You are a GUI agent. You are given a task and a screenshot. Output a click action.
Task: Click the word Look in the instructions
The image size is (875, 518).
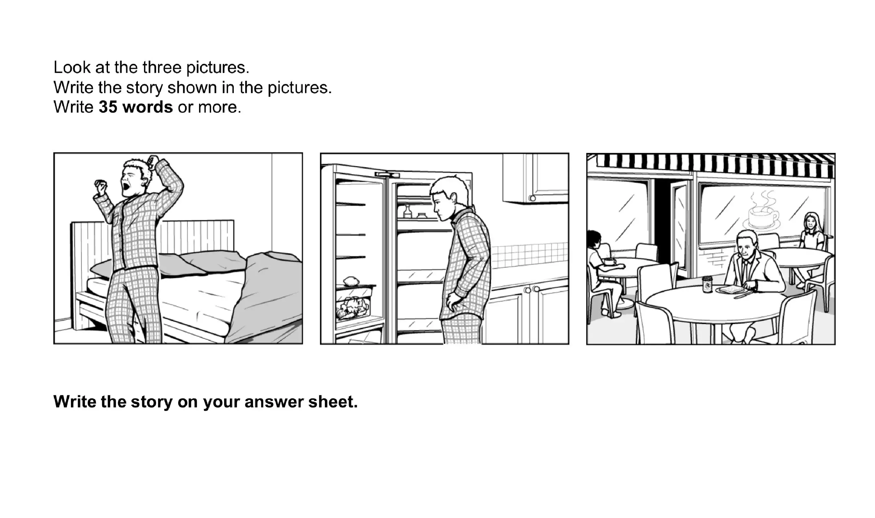click(72, 67)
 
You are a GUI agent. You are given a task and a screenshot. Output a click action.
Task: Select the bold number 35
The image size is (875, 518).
click(108, 107)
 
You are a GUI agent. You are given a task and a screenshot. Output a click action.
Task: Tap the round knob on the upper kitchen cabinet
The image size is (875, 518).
click(532, 198)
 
